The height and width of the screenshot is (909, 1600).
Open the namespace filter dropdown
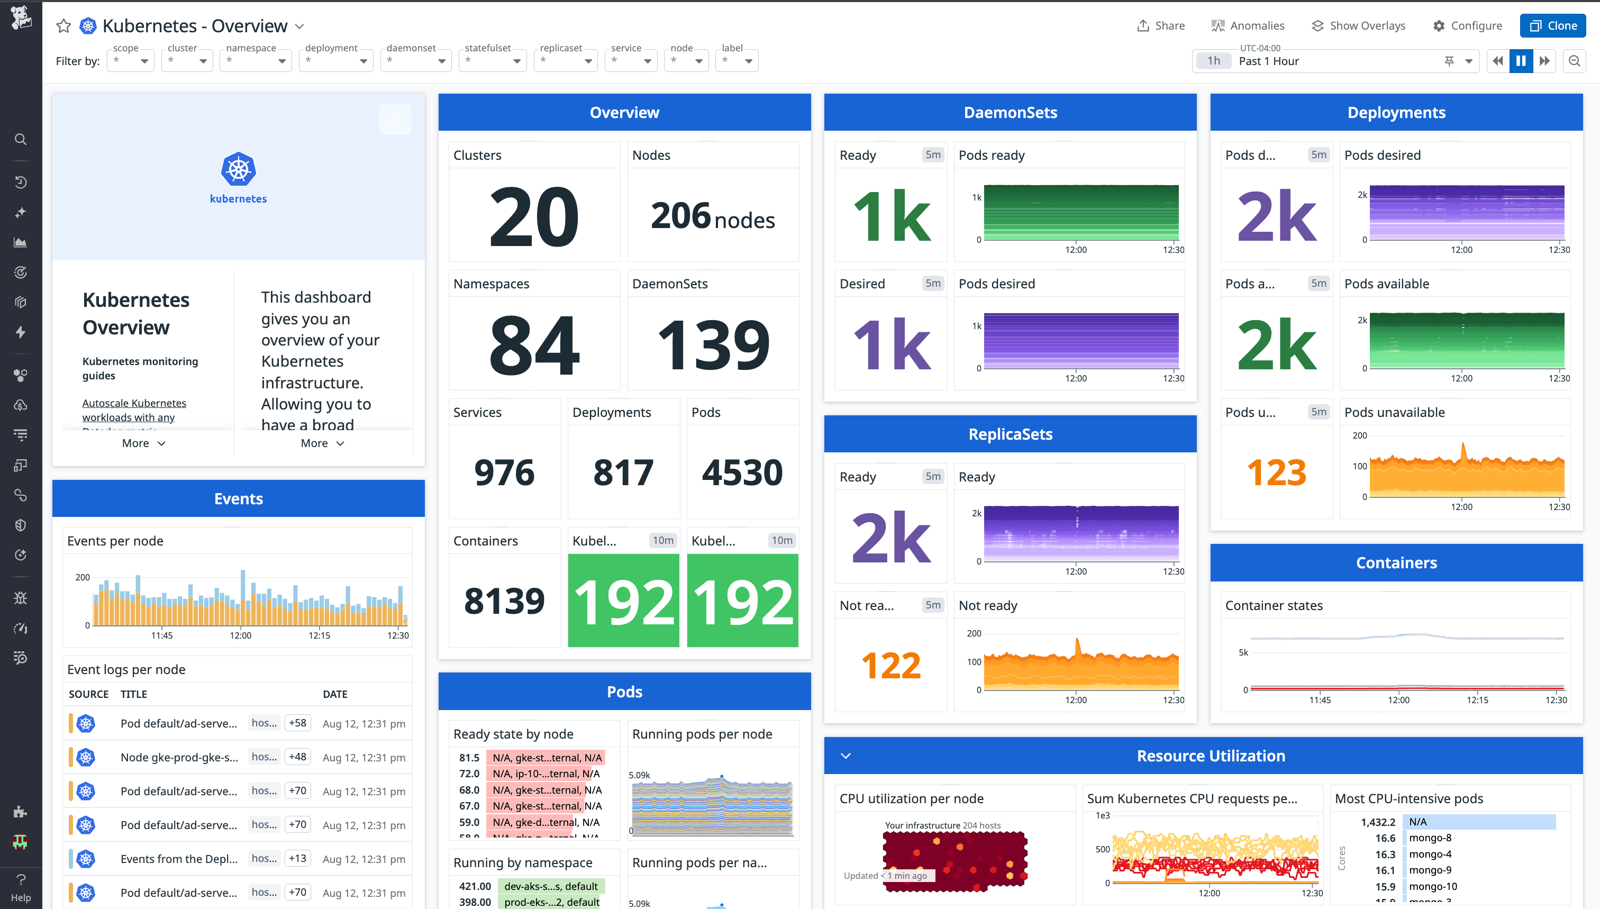click(x=256, y=60)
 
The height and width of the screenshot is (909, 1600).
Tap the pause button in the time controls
click(x=1520, y=60)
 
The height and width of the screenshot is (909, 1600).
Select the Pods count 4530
click(x=742, y=472)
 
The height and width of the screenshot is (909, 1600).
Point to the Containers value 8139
click(x=504, y=601)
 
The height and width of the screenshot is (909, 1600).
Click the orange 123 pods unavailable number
click(x=1276, y=472)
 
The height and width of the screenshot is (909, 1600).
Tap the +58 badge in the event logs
click(x=297, y=723)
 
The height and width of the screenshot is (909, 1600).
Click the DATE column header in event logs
click(x=334, y=694)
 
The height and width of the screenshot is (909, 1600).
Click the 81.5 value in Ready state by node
click(x=469, y=757)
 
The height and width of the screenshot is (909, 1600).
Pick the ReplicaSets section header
click(x=1010, y=434)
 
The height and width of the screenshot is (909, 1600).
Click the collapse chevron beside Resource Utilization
click(x=846, y=756)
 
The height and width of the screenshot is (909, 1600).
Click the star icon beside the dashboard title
click(x=63, y=25)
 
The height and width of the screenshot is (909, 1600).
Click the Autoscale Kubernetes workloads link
click(x=133, y=410)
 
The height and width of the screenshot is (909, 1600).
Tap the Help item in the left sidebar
click(x=21, y=887)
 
